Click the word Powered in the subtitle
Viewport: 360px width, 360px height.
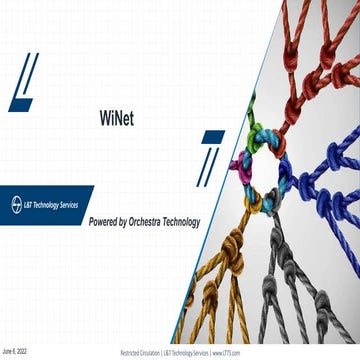click(x=107, y=221)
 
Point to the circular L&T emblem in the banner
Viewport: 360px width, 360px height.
click(x=9, y=202)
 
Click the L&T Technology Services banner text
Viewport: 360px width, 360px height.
click(x=48, y=202)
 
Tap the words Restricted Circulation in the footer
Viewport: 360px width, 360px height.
click(x=140, y=353)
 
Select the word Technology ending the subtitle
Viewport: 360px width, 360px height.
click(x=187, y=221)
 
